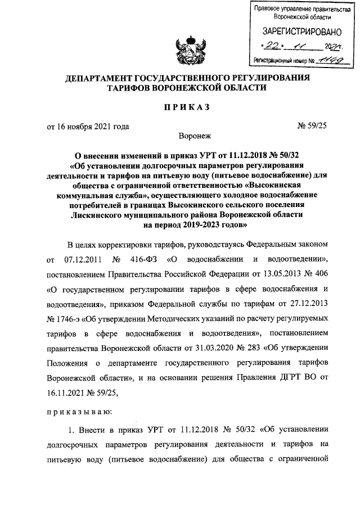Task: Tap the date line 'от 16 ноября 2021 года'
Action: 88,127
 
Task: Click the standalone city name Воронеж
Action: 194,136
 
